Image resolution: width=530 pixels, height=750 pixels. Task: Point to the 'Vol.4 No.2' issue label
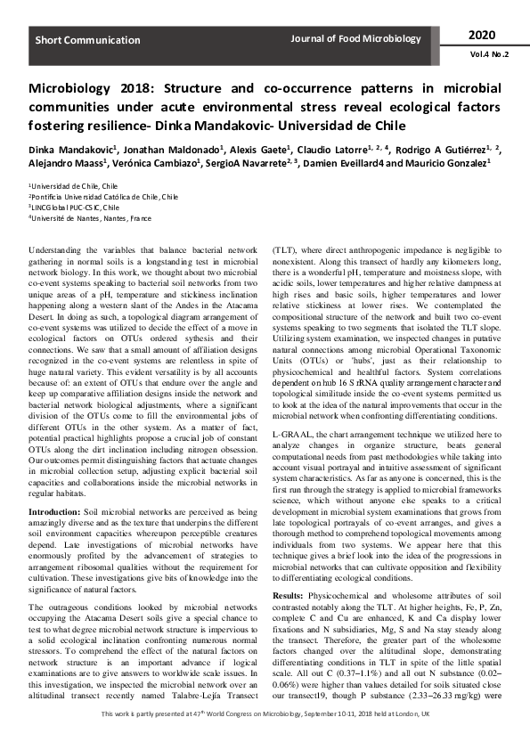(x=485, y=53)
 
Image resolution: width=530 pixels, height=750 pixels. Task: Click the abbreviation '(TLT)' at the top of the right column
(x=286, y=252)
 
